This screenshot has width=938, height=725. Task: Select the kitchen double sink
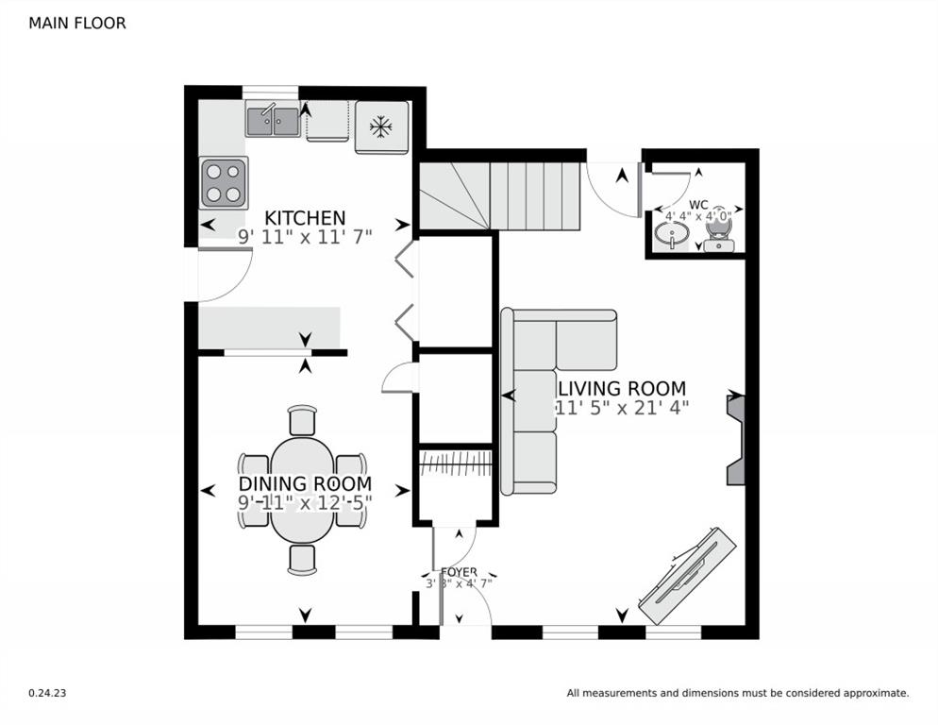click(273, 120)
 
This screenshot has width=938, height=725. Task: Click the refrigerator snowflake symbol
click(381, 126)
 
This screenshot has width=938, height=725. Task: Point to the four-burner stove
click(224, 183)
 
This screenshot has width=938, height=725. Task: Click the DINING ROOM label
click(304, 484)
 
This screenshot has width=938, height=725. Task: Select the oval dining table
click(302, 488)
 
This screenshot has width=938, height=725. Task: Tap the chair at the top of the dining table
click(302, 420)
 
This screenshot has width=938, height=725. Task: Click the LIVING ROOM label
click(621, 388)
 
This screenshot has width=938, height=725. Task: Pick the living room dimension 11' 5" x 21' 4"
click(621, 408)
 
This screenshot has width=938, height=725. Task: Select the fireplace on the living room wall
click(735, 440)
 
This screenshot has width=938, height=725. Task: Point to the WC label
click(698, 204)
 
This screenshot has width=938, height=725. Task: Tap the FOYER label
click(459, 572)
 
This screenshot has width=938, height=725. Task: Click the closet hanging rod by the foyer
click(456, 463)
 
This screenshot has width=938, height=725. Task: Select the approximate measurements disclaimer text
click(737, 693)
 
